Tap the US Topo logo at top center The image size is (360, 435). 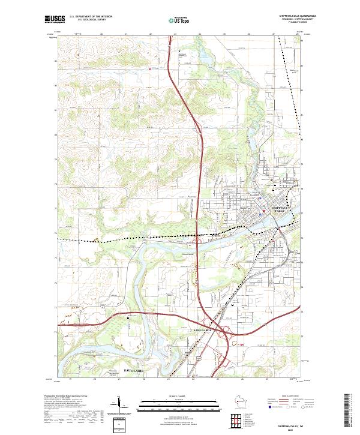tap(179, 20)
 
